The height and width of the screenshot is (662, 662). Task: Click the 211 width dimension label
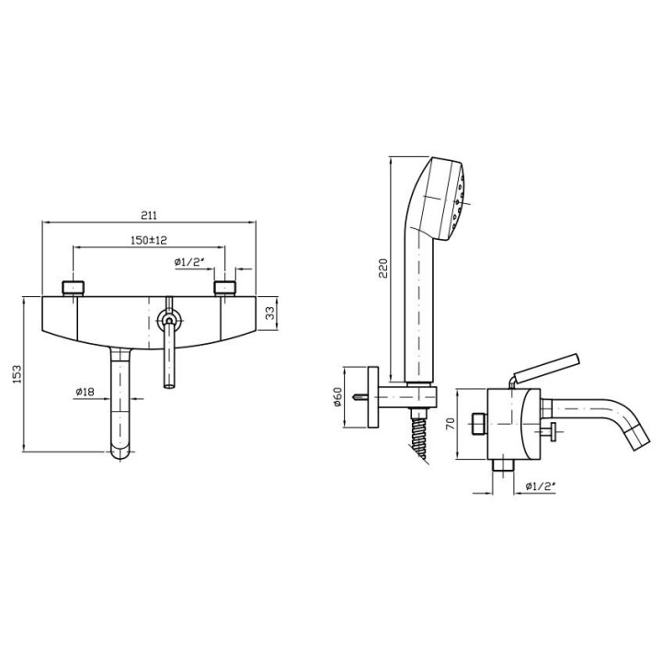tap(149, 215)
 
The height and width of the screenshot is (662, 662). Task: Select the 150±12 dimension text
tap(149, 240)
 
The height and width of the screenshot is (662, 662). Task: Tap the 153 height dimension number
tap(17, 374)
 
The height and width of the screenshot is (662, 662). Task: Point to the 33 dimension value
tap(270, 313)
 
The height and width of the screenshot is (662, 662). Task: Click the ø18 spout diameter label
tap(85, 392)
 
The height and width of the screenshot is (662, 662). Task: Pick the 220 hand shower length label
tap(382, 268)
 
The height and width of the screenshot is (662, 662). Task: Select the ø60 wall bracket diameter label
tap(337, 397)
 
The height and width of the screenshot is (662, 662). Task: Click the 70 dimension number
tap(450, 424)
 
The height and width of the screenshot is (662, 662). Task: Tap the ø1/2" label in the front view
tap(189, 262)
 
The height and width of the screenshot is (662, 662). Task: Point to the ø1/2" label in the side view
tap(540, 486)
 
